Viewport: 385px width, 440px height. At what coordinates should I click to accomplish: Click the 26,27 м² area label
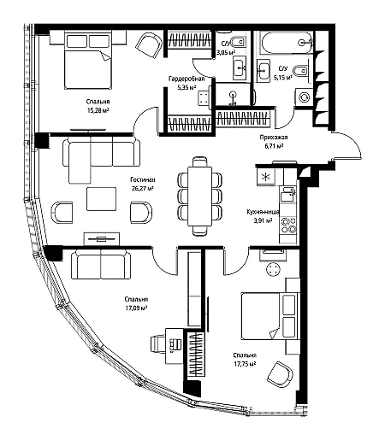[143, 188]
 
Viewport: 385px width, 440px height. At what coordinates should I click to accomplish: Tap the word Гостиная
[143, 179]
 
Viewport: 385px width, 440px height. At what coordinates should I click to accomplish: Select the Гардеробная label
[187, 79]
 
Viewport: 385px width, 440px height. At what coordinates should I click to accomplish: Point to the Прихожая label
[274, 138]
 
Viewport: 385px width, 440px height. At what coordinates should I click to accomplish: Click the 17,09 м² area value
[136, 308]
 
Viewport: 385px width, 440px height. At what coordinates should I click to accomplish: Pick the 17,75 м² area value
[245, 364]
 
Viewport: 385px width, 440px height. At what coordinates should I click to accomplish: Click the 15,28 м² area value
[98, 110]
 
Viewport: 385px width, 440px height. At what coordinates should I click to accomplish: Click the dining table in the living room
[199, 197]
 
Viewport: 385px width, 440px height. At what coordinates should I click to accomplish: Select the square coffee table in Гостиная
[101, 199]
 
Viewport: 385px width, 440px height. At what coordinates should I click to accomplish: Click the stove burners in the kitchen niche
[288, 226]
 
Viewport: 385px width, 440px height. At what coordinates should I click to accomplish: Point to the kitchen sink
[288, 195]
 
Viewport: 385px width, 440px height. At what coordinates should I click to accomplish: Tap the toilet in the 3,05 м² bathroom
[238, 43]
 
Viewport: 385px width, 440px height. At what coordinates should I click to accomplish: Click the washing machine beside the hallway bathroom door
[304, 97]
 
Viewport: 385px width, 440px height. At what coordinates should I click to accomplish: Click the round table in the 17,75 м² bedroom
[273, 269]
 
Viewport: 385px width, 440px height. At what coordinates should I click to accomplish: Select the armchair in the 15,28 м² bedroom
[149, 45]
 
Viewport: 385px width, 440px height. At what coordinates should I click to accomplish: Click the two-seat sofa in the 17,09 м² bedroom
[101, 264]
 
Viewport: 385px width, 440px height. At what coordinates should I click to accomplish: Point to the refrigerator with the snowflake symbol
[266, 177]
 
